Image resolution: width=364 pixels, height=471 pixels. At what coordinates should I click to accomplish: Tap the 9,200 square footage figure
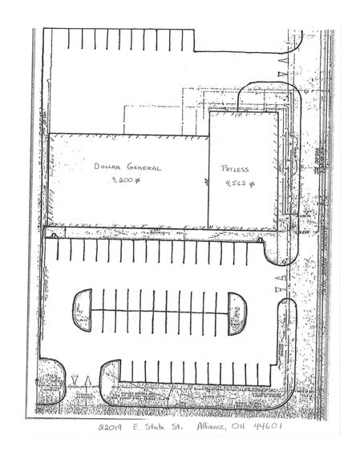click(127, 182)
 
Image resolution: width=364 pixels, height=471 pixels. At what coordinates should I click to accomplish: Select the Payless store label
click(235, 169)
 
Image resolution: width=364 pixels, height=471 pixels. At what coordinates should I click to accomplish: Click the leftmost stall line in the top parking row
click(70, 39)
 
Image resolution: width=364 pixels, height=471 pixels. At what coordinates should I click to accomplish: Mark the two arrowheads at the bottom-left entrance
click(80, 380)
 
